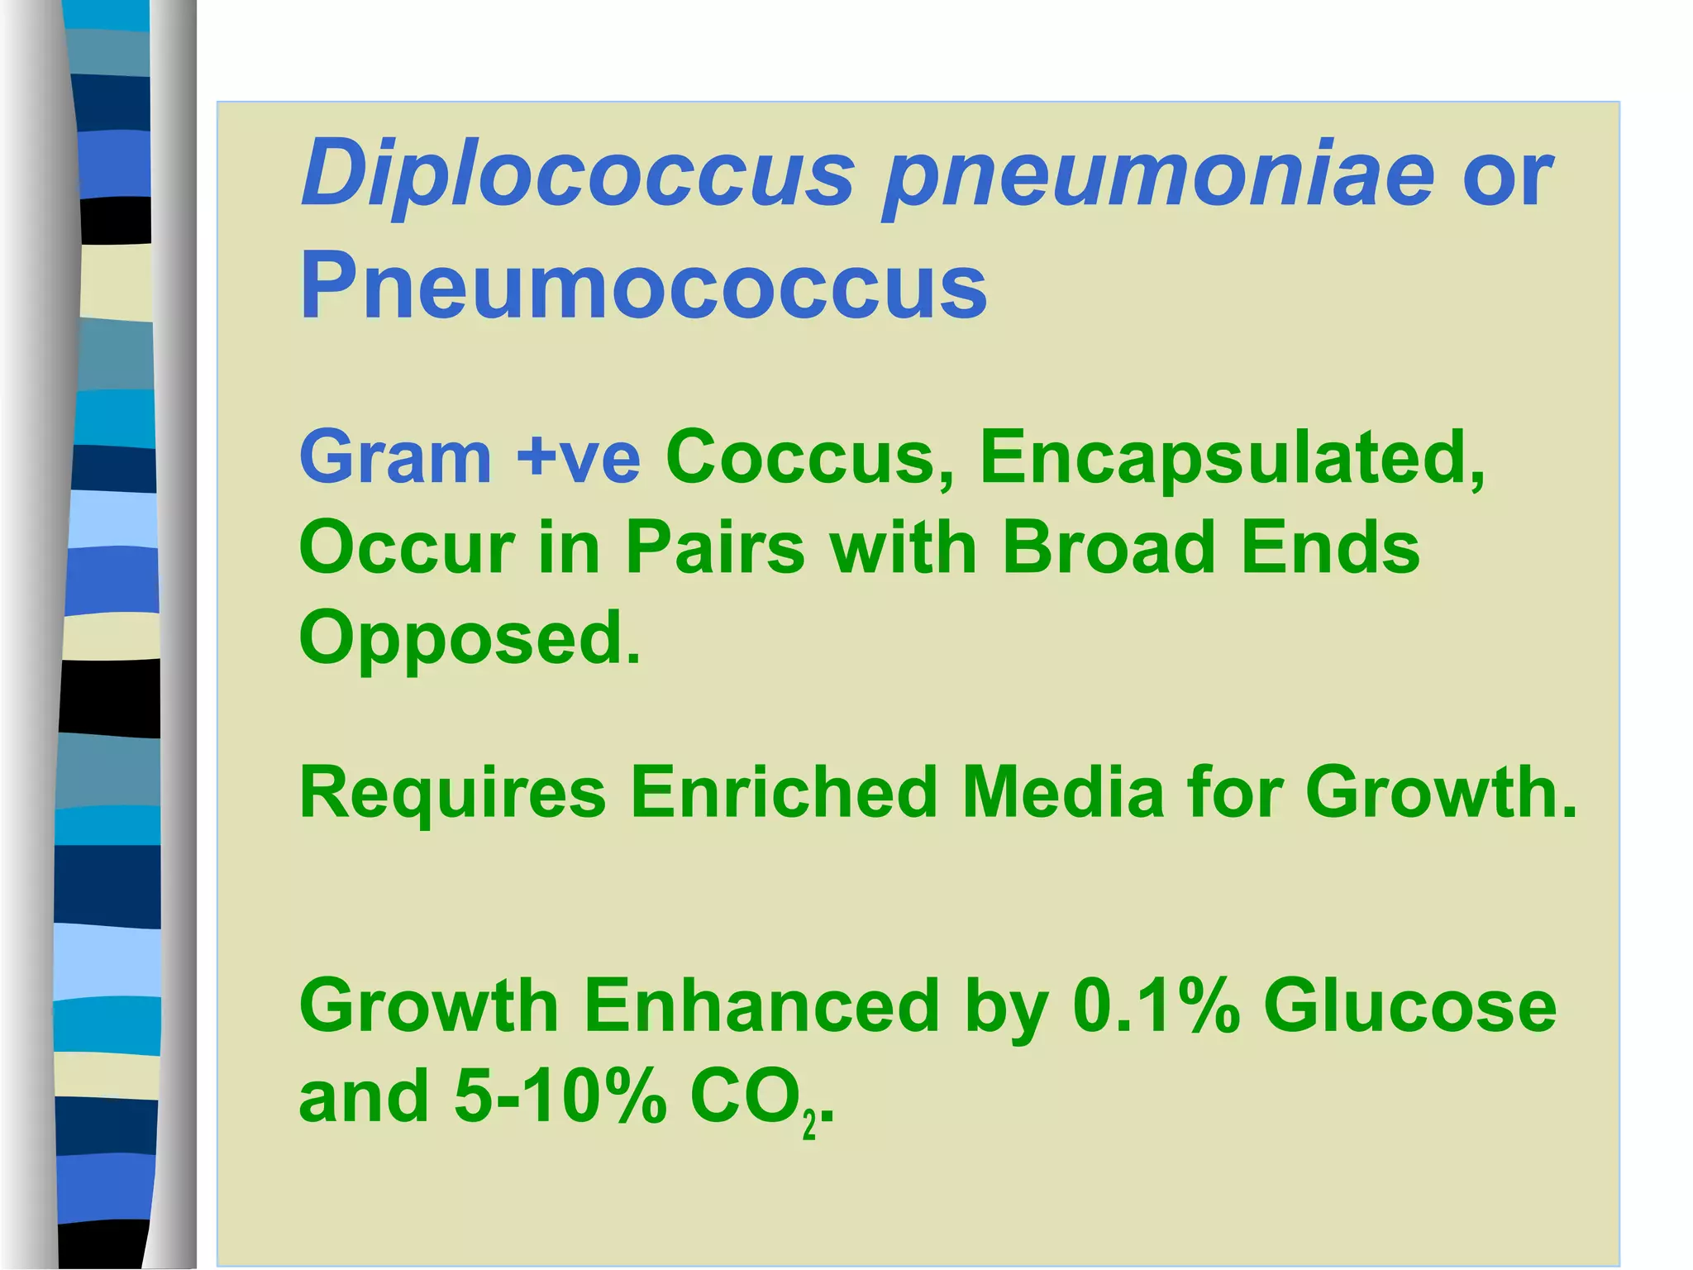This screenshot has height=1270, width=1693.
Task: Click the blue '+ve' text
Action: click(x=578, y=458)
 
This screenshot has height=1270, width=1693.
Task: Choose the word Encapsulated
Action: click(x=1232, y=458)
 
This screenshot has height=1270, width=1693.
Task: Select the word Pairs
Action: click(x=714, y=548)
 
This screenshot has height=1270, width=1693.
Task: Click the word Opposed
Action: click(x=469, y=639)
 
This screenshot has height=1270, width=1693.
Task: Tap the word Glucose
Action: click(x=1409, y=1006)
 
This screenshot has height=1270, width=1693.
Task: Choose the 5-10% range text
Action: click(x=560, y=1097)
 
